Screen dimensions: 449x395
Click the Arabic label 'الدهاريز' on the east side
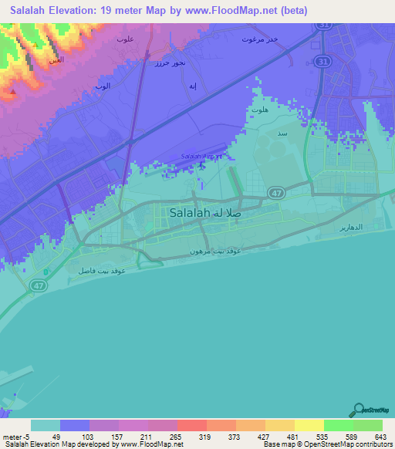(x=349, y=230)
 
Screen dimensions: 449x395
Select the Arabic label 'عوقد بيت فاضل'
(x=102, y=271)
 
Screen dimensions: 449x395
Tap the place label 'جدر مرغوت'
(x=258, y=39)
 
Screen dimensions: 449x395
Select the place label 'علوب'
(x=126, y=38)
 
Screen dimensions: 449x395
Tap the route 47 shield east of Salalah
(x=274, y=191)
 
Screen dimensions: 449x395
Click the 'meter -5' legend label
(x=15, y=436)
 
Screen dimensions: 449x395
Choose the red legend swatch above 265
(x=191, y=425)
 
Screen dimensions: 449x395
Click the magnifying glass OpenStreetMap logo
(x=359, y=410)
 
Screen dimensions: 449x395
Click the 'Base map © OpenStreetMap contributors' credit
(x=326, y=444)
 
